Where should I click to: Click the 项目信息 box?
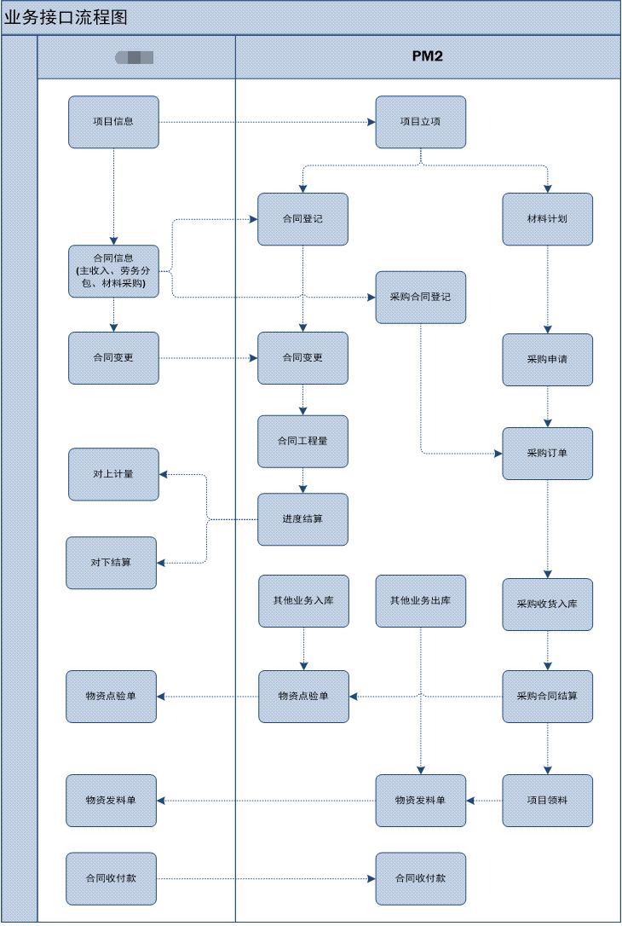pyautogui.click(x=113, y=122)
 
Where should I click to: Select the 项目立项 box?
pyautogui.click(x=421, y=122)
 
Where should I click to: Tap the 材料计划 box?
pyautogui.click(x=547, y=219)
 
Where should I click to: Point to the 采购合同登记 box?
pyautogui.click(x=421, y=298)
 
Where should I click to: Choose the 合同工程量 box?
pyautogui.click(x=302, y=442)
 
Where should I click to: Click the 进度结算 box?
pyautogui.click(x=302, y=519)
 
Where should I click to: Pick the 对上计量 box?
pyautogui.click(x=113, y=474)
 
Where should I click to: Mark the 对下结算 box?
pyautogui.click(x=112, y=563)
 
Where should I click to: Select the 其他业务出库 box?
pyautogui.click(x=421, y=601)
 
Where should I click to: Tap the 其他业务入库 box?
pyautogui.click(x=303, y=601)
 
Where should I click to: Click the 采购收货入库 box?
pyautogui.click(x=547, y=605)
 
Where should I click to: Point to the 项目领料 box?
pyautogui.click(x=547, y=801)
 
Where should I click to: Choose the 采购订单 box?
pyautogui.click(x=547, y=454)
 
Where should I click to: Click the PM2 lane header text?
pyautogui.click(x=427, y=57)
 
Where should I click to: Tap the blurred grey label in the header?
pyautogui.click(x=135, y=58)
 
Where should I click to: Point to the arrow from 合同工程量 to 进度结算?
pyautogui.click(x=302, y=481)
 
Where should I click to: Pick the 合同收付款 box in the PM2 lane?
pyautogui.click(x=421, y=878)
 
